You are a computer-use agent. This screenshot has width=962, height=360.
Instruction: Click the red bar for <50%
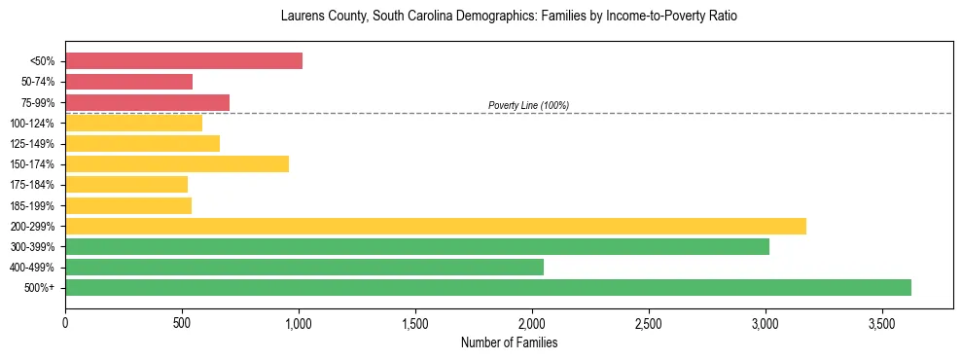point(184,61)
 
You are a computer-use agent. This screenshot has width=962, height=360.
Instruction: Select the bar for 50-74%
point(128,82)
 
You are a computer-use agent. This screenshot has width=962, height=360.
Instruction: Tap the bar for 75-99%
point(147,102)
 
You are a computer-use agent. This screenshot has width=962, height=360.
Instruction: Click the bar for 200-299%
point(436,226)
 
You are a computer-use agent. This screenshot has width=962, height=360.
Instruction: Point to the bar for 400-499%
point(304,267)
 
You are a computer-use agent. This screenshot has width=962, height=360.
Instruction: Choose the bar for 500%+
point(488,287)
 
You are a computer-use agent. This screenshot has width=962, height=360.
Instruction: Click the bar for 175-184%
point(126,184)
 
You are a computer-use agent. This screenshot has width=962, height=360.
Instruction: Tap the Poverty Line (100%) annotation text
point(528,105)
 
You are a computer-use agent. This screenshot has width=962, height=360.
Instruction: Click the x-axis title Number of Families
point(509,342)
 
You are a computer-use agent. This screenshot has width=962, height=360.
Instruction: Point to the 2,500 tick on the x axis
point(649,320)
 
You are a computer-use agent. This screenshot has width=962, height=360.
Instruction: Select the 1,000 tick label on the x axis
point(299,320)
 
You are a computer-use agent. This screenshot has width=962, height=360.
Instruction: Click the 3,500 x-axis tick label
point(882,320)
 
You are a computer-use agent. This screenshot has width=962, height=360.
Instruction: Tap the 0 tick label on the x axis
point(65,320)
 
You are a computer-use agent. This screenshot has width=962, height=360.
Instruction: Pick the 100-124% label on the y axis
point(32,124)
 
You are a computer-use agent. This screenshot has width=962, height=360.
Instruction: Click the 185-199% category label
point(32,205)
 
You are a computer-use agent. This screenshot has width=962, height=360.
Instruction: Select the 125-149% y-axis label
point(32,144)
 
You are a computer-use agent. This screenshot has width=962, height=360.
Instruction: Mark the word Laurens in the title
point(301,17)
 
